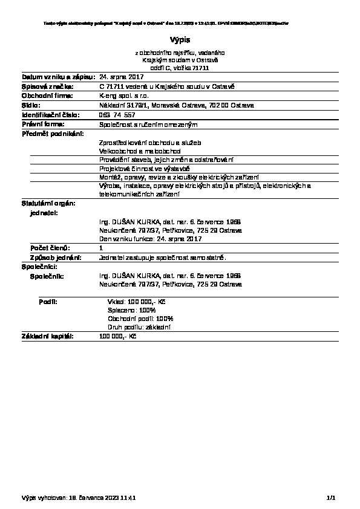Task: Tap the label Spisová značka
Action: tap(47, 87)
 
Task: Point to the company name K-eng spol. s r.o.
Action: tap(121, 96)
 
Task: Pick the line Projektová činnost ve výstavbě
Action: tap(144, 168)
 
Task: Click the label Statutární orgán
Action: tap(48, 204)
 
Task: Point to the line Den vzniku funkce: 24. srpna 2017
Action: tap(150, 239)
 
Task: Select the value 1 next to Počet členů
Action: tap(101, 248)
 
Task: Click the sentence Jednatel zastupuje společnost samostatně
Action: tap(162, 258)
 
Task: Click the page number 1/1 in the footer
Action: tap(330, 498)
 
